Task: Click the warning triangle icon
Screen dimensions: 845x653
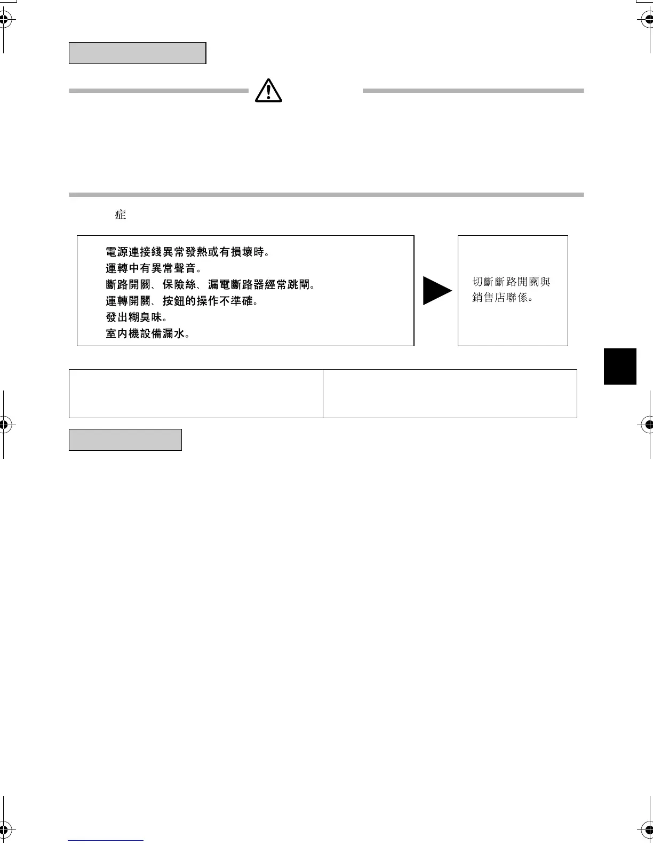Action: coord(268,90)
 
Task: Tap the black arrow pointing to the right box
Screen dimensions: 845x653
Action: coord(436,291)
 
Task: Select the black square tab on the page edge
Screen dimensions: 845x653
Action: coord(620,366)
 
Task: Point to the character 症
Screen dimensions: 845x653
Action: coord(120,214)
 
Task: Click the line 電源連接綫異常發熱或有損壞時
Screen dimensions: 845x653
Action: coord(187,252)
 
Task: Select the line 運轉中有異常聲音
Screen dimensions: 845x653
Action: coord(153,268)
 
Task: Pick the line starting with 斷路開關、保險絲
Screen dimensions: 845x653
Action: coord(210,285)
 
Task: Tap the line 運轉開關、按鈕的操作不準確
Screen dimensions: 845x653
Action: coord(182,301)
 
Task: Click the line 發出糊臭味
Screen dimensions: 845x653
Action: coord(136,317)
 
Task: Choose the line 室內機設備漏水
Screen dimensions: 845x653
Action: coord(148,334)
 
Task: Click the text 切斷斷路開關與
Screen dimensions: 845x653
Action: coord(511,282)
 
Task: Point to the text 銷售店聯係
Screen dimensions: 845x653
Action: coord(503,298)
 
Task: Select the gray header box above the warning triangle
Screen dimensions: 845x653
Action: coord(137,53)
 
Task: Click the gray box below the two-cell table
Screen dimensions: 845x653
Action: coord(125,440)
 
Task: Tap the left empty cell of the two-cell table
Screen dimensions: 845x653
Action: coord(196,393)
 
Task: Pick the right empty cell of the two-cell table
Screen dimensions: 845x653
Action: coord(450,393)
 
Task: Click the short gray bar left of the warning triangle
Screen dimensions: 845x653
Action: coord(158,91)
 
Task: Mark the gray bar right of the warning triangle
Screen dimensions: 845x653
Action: coord(473,91)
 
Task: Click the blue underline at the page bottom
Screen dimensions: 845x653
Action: coord(106,840)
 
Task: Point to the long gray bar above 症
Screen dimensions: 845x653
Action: coord(326,195)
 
